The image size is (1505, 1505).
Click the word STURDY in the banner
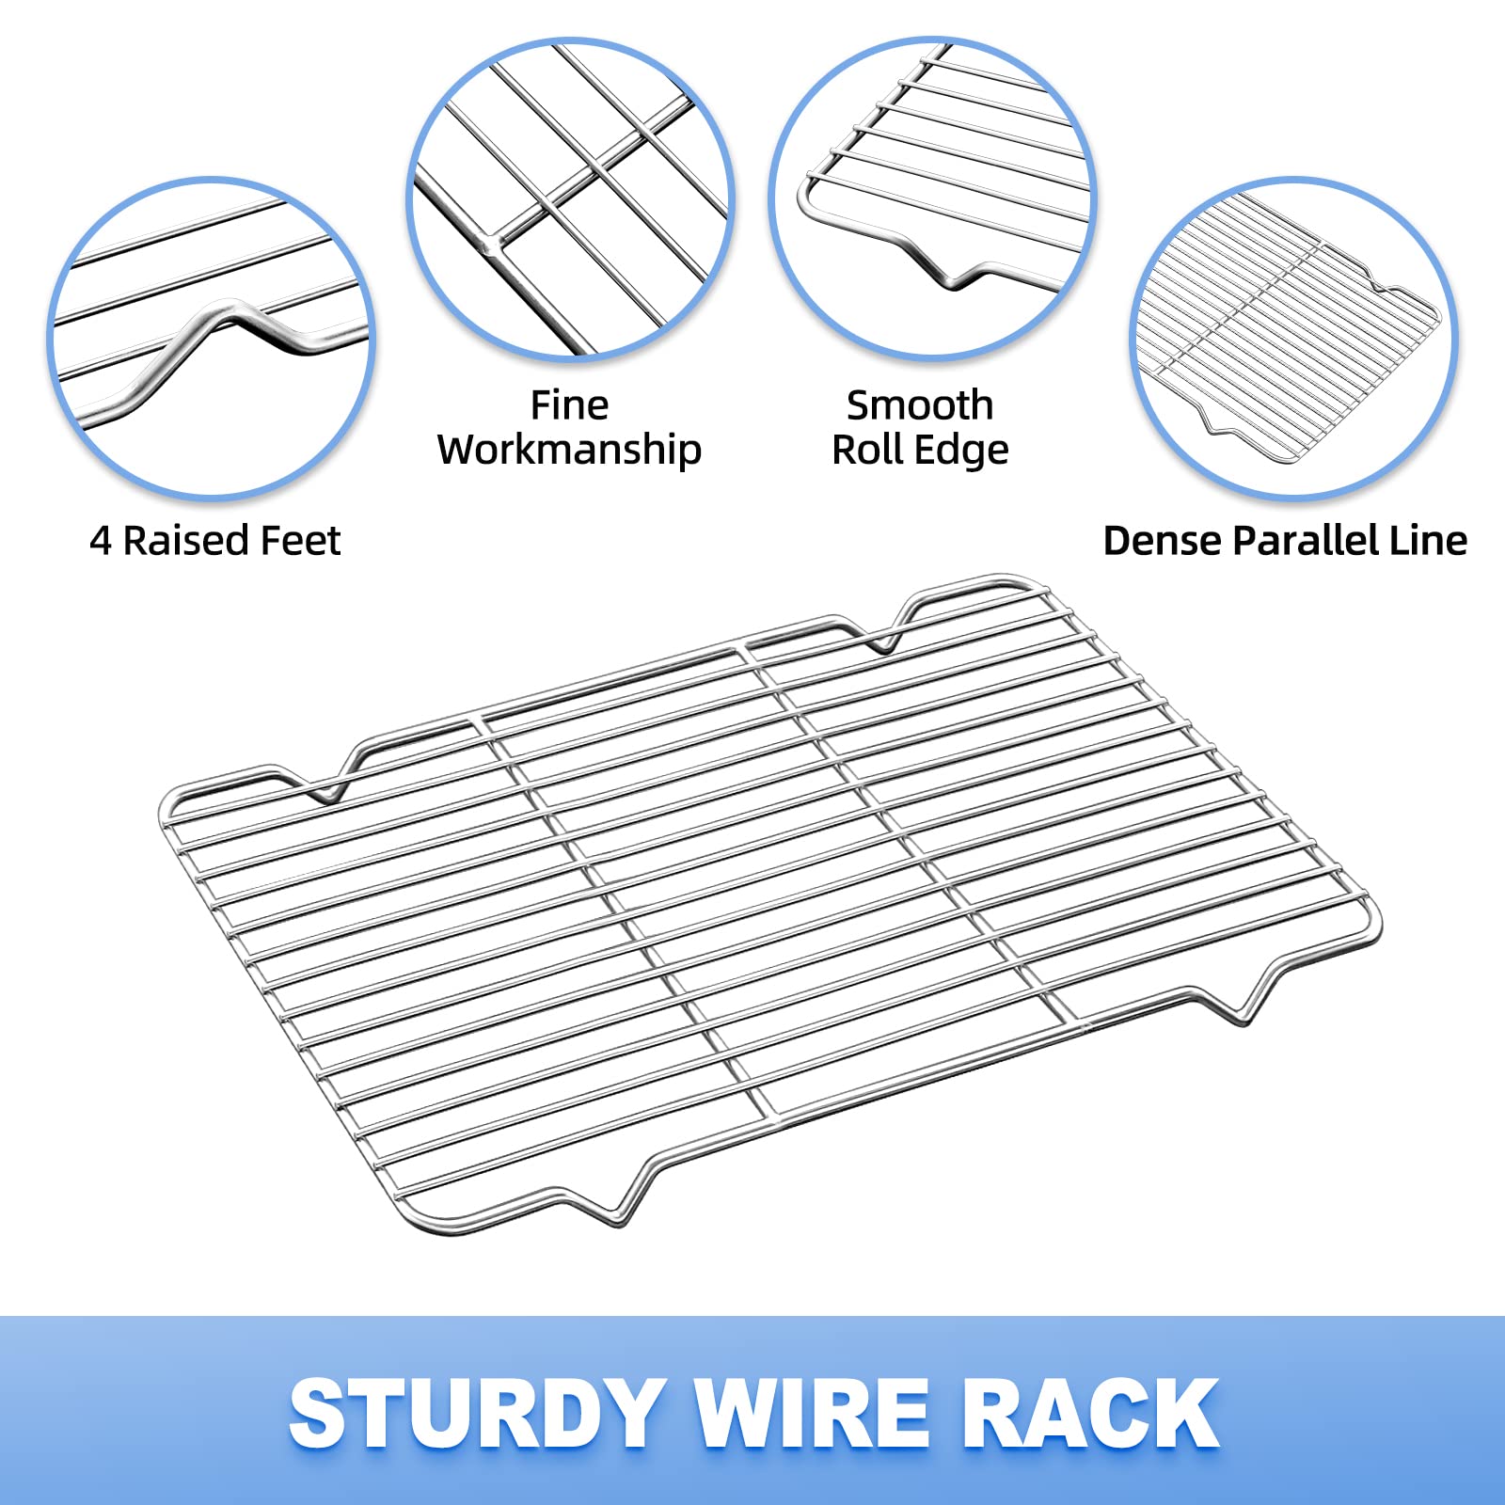pos(476,1413)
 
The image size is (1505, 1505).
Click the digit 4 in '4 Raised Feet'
pos(101,541)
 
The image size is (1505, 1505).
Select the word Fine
pos(569,405)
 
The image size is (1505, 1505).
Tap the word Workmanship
pos(569,451)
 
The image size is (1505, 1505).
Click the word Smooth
pos(920,405)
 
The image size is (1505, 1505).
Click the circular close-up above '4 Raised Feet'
pos(212,337)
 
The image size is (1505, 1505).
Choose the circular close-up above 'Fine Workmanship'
pos(571,199)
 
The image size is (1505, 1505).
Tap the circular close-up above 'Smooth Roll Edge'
pos(932,199)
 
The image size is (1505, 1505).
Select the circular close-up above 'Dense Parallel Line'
pos(1294,337)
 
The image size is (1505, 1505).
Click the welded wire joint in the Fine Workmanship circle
pos(491,244)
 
